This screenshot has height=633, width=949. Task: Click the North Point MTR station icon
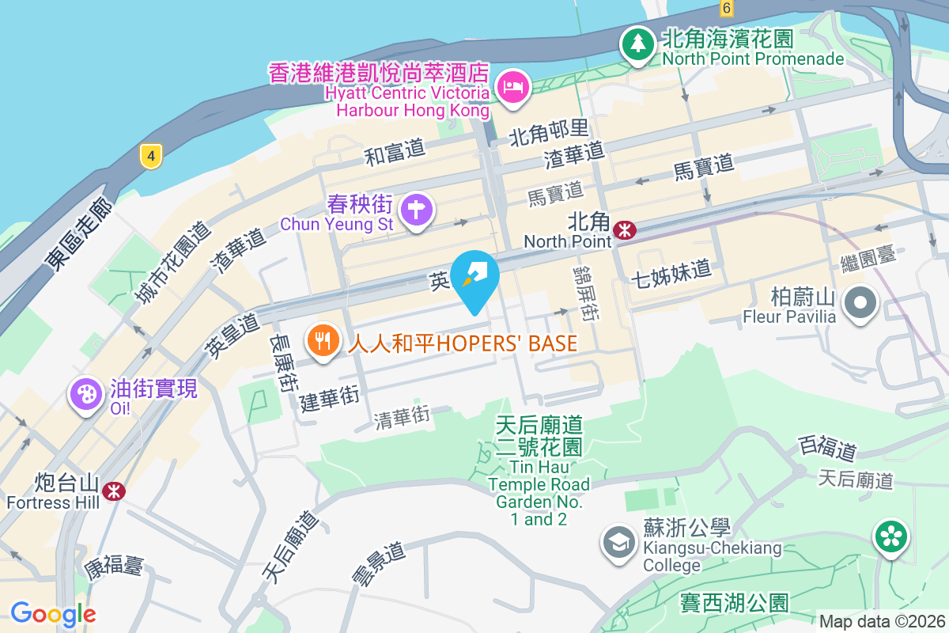pyautogui.click(x=626, y=229)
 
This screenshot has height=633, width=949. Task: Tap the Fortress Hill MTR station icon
pyautogui.click(x=114, y=491)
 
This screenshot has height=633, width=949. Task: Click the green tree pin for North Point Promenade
pyautogui.click(x=637, y=44)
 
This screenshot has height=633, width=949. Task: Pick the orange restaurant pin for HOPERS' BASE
pyautogui.click(x=322, y=342)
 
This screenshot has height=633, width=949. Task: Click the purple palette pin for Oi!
pyautogui.click(x=86, y=394)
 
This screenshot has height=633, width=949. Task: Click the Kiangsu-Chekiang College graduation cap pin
pyautogui.click(x=618, y=542)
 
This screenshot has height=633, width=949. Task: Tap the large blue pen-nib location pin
pyautogui.click(x=475, y=277)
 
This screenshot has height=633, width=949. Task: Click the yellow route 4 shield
pyautogui.click(x=149, y=156)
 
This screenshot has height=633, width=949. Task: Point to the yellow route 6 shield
pyautogui.click(x=726, y=8)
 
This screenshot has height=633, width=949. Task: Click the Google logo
pyautogui.click(x=53, y=613)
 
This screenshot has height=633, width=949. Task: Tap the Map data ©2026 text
pyautogui.click(x=881, y=621)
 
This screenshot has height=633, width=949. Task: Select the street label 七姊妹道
pyautogui.click(x=672, y=272)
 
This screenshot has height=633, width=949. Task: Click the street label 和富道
pyautogui.click(x=395, y=152)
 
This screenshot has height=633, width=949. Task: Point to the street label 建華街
pyautogui.click(x=330, y=398)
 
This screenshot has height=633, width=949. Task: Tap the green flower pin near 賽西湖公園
pyautogui.click(x=891, y=537)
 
